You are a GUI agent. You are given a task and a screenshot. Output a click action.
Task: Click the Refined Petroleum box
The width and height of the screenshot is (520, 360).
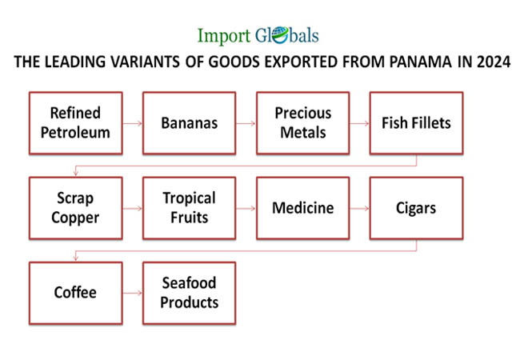click(76, 123)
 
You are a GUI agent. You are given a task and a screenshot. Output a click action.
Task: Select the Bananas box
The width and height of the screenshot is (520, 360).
click(190, 123)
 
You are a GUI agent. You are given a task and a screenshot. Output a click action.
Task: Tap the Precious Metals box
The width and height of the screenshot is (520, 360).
click(302, 123)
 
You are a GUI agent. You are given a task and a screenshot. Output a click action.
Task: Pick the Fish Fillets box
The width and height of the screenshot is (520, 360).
click(416, 123)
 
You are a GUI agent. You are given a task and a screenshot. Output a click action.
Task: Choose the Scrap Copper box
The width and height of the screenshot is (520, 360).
click(76, 208)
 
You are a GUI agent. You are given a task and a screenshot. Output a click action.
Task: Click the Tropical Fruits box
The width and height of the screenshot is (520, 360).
click(190, 208)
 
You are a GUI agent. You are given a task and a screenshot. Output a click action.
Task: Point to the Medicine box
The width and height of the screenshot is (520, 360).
click(302, 208)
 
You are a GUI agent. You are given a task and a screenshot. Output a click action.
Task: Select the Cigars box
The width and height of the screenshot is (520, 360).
click(416, 208)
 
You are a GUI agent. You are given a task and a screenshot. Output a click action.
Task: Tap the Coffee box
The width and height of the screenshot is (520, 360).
click(76, 293)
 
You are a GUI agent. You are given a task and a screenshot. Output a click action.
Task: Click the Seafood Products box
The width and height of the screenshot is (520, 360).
click(190, 293)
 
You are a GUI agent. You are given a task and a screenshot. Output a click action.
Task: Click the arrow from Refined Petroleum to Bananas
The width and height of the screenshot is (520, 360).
click(133, 123)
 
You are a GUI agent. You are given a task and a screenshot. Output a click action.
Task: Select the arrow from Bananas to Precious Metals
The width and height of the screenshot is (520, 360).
click(246, 123)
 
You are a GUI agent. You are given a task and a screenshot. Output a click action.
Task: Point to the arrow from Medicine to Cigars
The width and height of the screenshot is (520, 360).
click(359, 208)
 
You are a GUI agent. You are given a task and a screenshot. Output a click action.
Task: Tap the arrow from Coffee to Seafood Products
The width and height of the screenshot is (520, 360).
click(133, 293)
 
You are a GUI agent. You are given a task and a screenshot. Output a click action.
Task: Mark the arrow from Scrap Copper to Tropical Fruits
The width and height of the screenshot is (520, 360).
click(133, 208)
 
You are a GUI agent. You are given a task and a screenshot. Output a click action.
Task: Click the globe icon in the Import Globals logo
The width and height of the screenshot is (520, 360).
click(280, 35)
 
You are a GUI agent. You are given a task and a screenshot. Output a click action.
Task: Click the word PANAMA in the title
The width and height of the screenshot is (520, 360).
click(420, 62)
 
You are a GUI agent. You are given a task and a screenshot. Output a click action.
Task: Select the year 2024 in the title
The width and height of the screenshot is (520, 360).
click(494, 62)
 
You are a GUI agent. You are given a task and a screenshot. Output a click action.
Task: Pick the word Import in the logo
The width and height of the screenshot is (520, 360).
click(224, 36)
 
